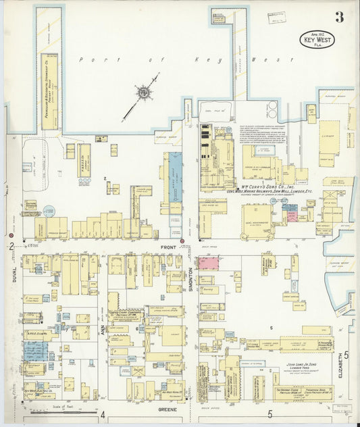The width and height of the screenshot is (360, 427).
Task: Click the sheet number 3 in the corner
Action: click(338, 18)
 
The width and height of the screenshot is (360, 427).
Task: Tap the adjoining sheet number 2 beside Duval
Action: click(11, 247)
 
